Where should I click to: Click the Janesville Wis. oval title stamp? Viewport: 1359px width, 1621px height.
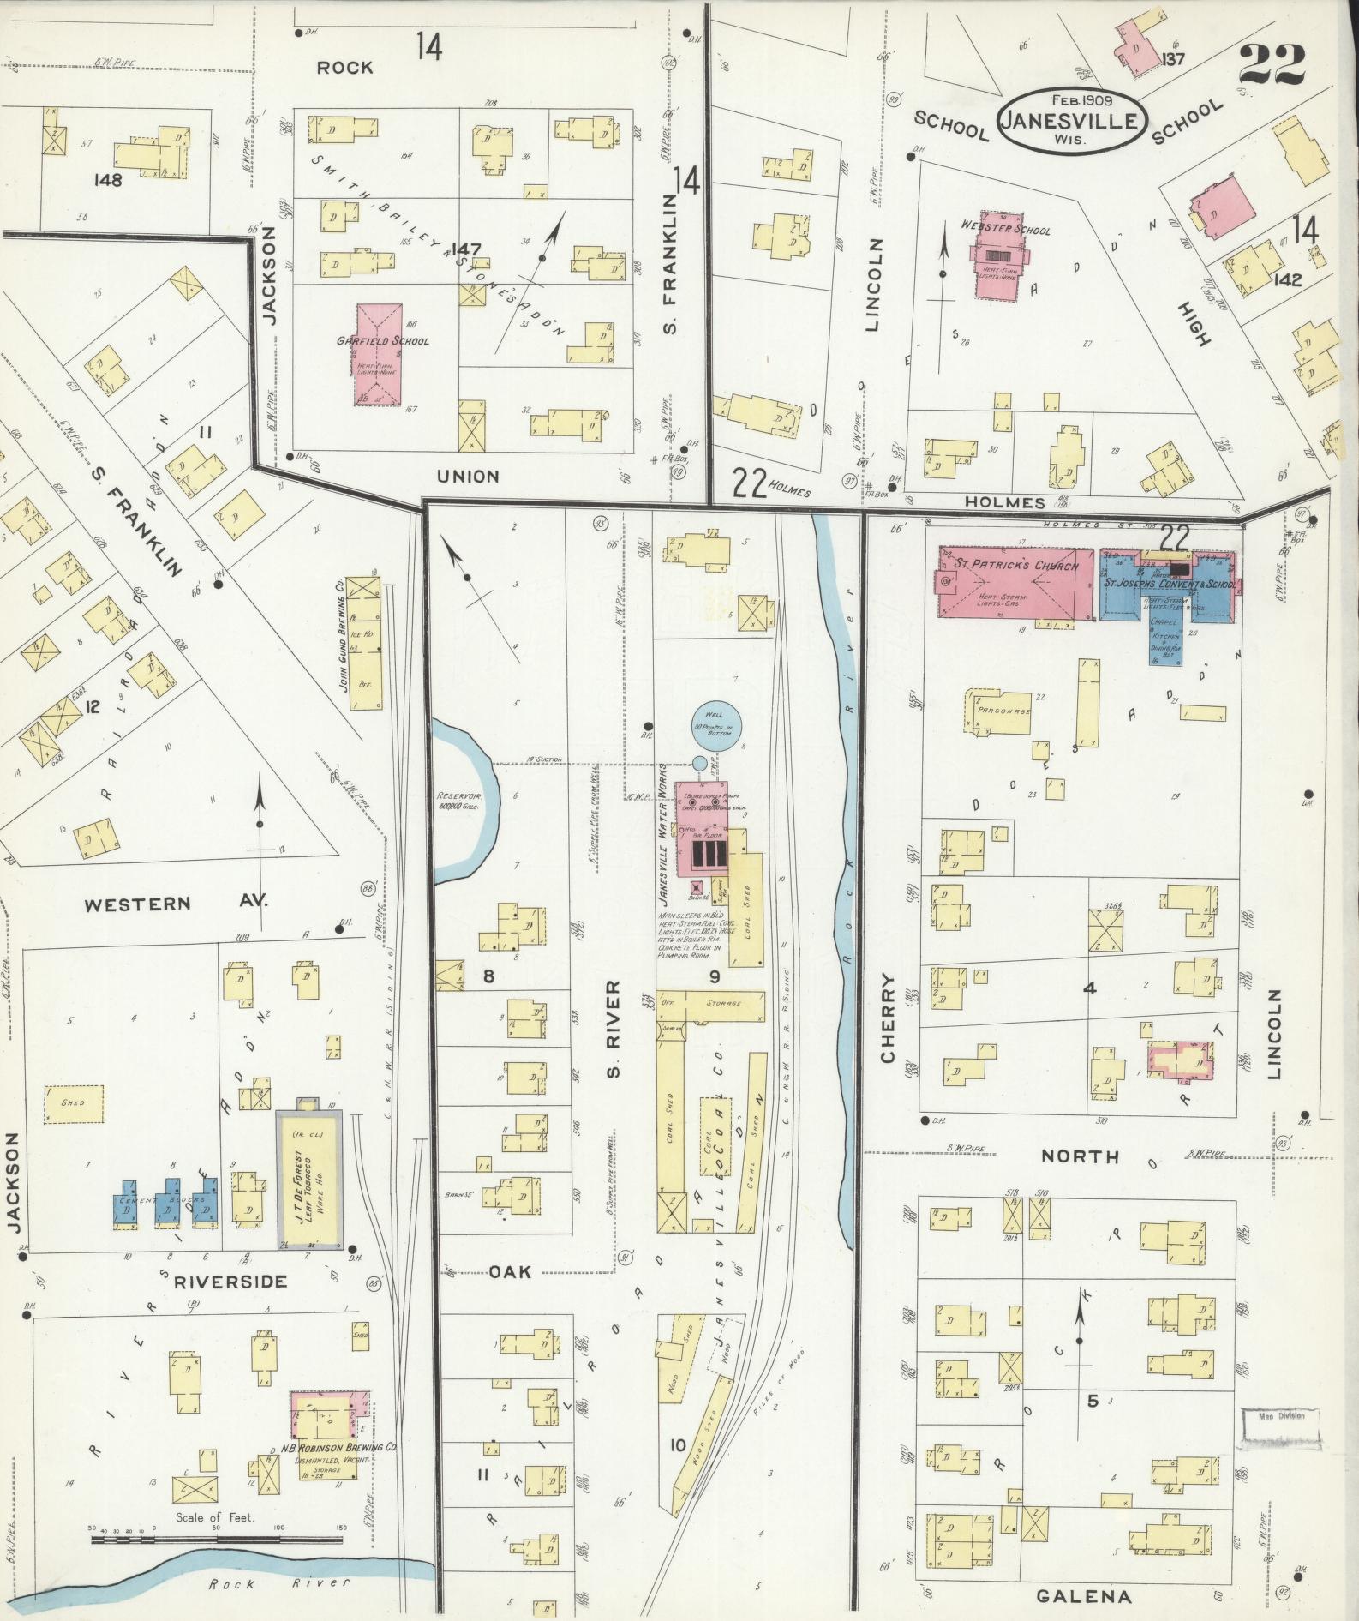point(1070,121)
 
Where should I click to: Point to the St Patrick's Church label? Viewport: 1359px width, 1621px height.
point(1017,567)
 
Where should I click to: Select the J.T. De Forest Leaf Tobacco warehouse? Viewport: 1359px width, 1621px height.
point(308,1178)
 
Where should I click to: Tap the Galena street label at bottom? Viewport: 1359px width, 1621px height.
point(1083,1596)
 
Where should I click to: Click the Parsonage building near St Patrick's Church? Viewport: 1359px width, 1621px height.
point(999,712)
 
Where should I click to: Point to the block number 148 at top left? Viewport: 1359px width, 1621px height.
point(110,180)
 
